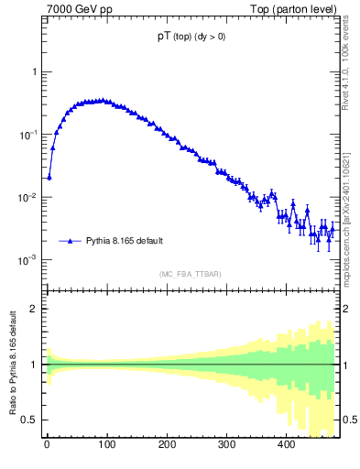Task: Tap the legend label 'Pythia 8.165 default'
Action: point(125,241)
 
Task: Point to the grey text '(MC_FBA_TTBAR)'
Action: point(191,274)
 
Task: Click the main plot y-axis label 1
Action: point(34,72)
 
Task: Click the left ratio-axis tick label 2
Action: point(34,309)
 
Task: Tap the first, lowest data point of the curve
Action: point(49,177)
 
